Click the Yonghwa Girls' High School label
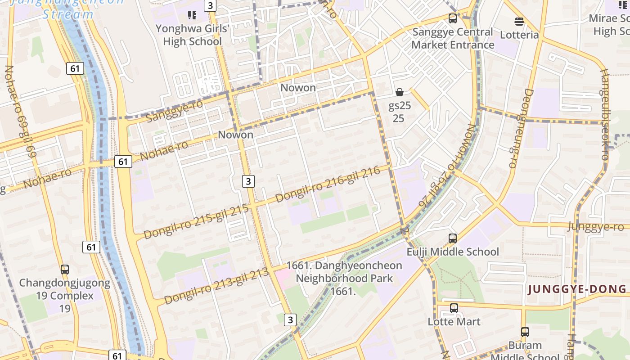(193, 35)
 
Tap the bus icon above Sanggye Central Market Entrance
(453, 19)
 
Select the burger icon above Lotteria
(519, 22)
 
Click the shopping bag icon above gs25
(399, 92)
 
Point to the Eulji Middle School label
(453, 252)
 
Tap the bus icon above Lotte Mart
(454, 308)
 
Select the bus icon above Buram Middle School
(525, 332)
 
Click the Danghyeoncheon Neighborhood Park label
(344, 272)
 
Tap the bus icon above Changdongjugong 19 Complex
(65, 270)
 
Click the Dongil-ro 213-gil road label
(216, 286)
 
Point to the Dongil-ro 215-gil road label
(196, 221)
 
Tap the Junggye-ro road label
(595, 226)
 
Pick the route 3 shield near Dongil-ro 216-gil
(248, 181)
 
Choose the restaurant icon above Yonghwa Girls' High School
(192, 16)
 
